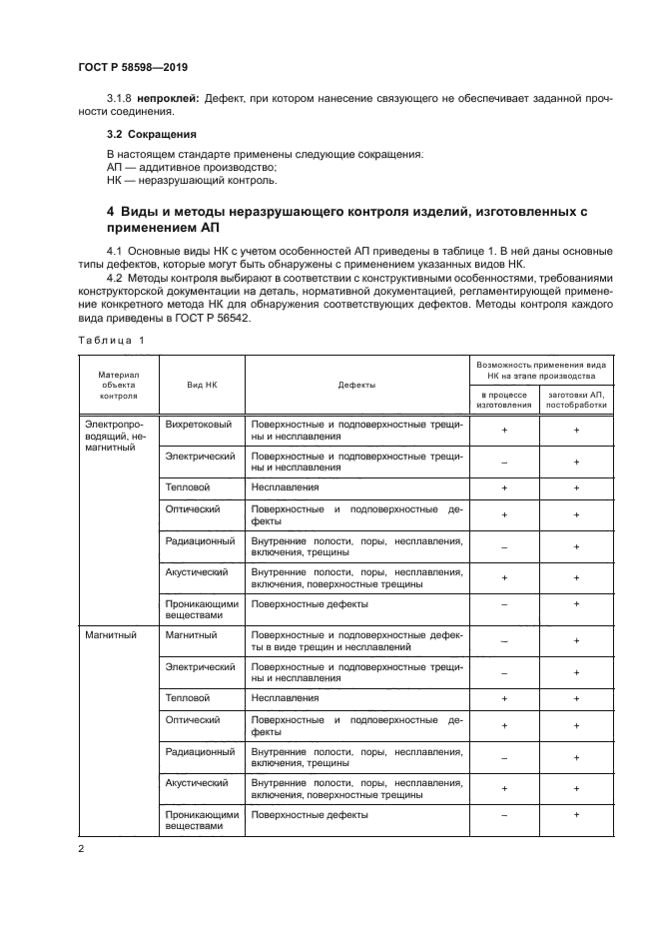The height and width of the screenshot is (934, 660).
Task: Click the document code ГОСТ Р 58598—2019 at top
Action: [x=132, y=67]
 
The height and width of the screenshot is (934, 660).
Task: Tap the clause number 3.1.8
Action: [x=120, y=99]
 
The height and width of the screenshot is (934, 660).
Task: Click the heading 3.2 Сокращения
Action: [x=151, y=133]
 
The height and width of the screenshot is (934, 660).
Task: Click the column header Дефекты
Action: [x=356, y=385]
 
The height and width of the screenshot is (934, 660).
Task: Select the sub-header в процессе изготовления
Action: [x=504, y=400]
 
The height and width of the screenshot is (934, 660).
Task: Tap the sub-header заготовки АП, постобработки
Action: [x=576, y=400]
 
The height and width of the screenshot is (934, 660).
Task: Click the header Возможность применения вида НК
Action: [x=540, y=371]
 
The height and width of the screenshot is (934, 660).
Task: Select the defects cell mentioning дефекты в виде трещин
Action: [x=356, y=640]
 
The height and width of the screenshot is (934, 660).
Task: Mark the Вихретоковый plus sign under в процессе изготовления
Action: [x=504, y=431]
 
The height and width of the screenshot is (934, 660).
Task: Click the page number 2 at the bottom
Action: [x=80, y=849]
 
